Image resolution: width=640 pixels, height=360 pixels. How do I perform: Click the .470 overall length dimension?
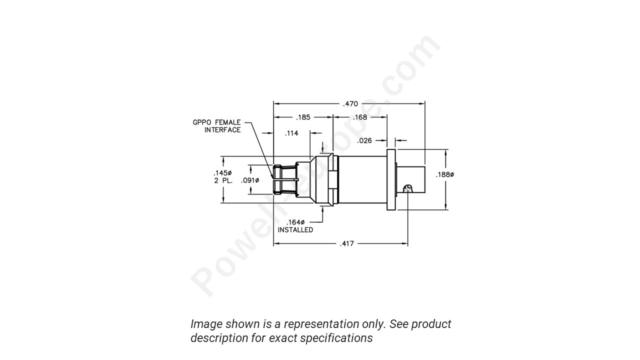click(x=350, y=104)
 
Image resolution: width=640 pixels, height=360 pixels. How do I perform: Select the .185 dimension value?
click(x=303, y=117)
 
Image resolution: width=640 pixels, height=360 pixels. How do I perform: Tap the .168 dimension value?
click(x=359, y=117)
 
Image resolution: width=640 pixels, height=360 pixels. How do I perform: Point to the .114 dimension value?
click(x=291, y=133)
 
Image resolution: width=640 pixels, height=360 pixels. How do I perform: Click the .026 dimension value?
click(x=364, y=141)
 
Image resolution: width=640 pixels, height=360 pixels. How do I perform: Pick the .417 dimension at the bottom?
click(x=346, y=244)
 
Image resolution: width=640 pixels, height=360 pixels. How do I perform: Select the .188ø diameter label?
click(x=444, y=174)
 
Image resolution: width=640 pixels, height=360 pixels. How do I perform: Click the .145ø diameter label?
click(x=222, y=173)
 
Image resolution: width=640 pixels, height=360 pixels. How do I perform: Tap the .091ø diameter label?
click(x=249, y=180)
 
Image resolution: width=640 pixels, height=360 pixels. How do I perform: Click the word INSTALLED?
click(x=295, y=230)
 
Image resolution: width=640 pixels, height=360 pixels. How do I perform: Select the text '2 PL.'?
click(x=223, y=180)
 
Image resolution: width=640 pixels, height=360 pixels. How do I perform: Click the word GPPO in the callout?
click(x=202, y=122)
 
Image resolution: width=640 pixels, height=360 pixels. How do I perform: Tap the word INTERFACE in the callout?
click(x=222, y=130)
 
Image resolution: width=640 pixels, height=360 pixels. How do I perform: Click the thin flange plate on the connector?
click(x=391, y=179)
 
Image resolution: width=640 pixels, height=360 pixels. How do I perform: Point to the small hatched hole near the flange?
click(x=408, y=189)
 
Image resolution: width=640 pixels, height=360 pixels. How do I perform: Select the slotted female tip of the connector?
click(x=284, y=179)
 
